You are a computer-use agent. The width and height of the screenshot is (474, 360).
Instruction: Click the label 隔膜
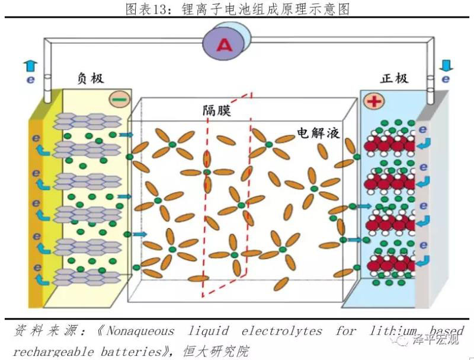click(216, 110)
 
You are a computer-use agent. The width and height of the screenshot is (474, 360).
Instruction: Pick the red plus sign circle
click(374, 101)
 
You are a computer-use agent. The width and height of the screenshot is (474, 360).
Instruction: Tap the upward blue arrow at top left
click(31, 65)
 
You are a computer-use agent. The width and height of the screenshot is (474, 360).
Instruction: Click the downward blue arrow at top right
click(446, 64)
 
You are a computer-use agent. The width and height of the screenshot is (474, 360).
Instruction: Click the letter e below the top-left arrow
click(30, 79)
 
